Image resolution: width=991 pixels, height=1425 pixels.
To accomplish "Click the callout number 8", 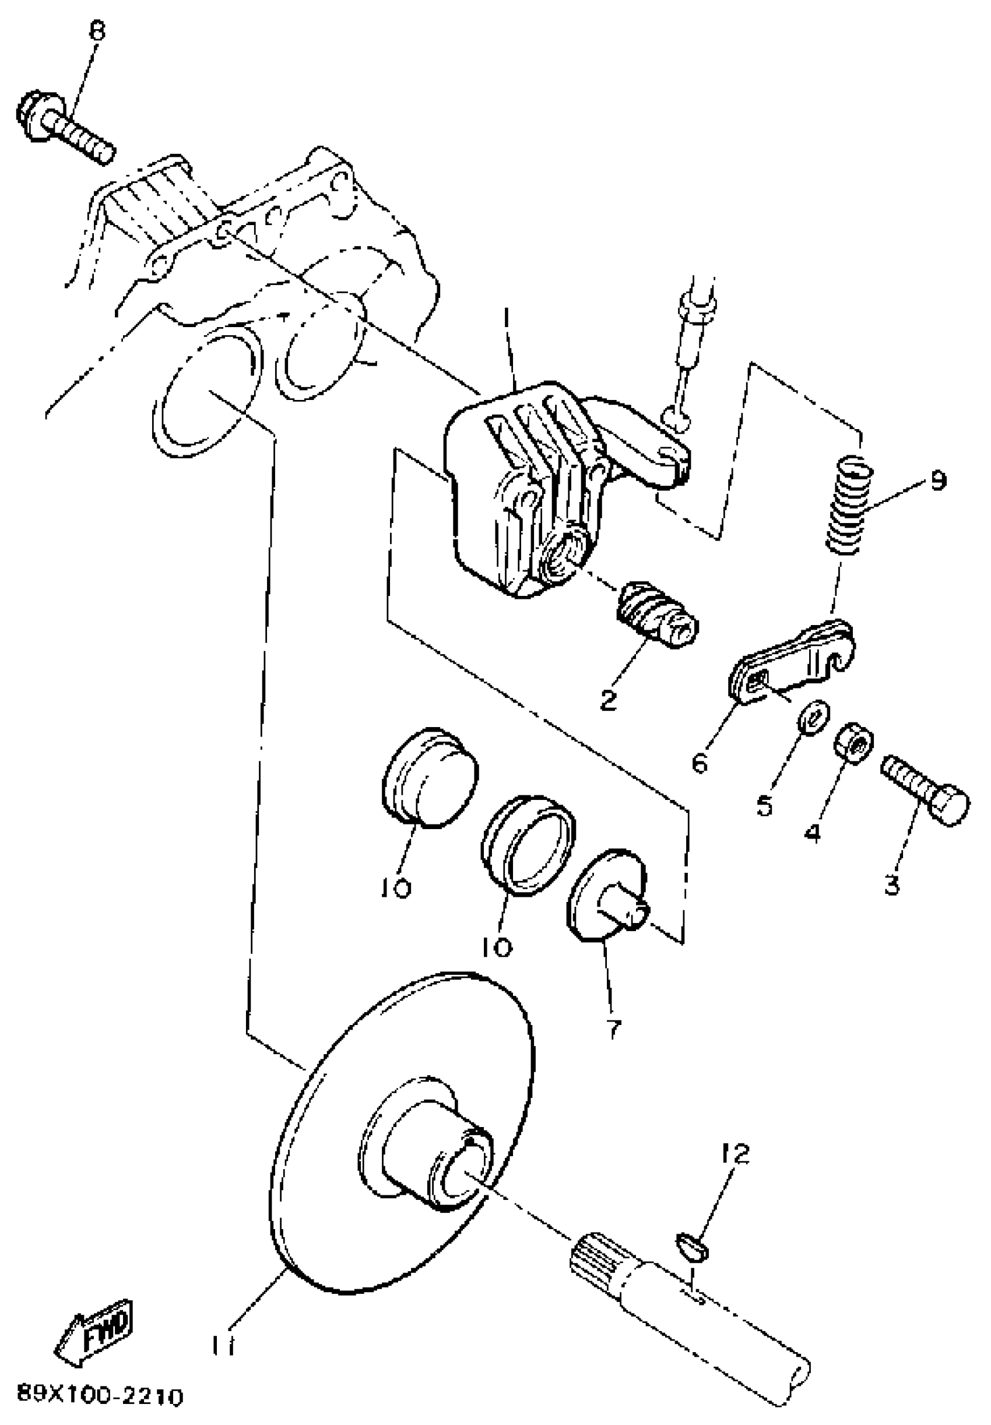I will point(97,31).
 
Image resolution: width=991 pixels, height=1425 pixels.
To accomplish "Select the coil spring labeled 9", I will point(848,504).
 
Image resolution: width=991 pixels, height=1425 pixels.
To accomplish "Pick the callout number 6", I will point(700,764).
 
